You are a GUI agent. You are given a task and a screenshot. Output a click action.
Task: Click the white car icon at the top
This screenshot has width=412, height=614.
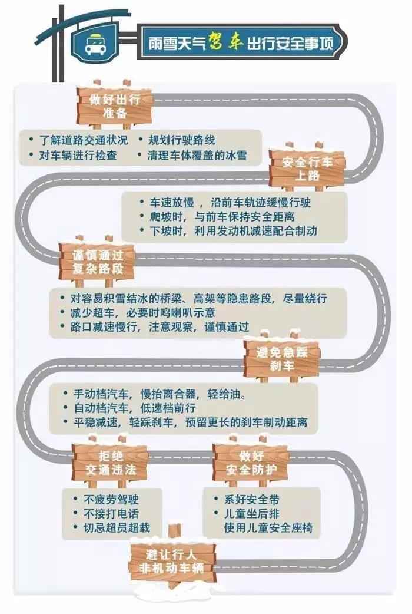(95, 44)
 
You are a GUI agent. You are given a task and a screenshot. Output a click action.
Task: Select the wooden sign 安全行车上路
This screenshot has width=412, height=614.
(307, 169)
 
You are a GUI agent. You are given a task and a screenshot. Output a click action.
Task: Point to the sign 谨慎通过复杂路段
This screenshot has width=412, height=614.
(97, 262)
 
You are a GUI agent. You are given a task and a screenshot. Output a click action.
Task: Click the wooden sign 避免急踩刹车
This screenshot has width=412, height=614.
(282, 359)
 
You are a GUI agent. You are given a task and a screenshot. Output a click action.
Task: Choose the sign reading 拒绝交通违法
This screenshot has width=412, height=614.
(110, 463)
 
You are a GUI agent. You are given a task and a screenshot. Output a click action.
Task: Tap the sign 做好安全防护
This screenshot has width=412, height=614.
(251, 463)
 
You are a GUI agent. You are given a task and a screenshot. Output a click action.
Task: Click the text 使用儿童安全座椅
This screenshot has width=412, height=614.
(268, 527)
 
